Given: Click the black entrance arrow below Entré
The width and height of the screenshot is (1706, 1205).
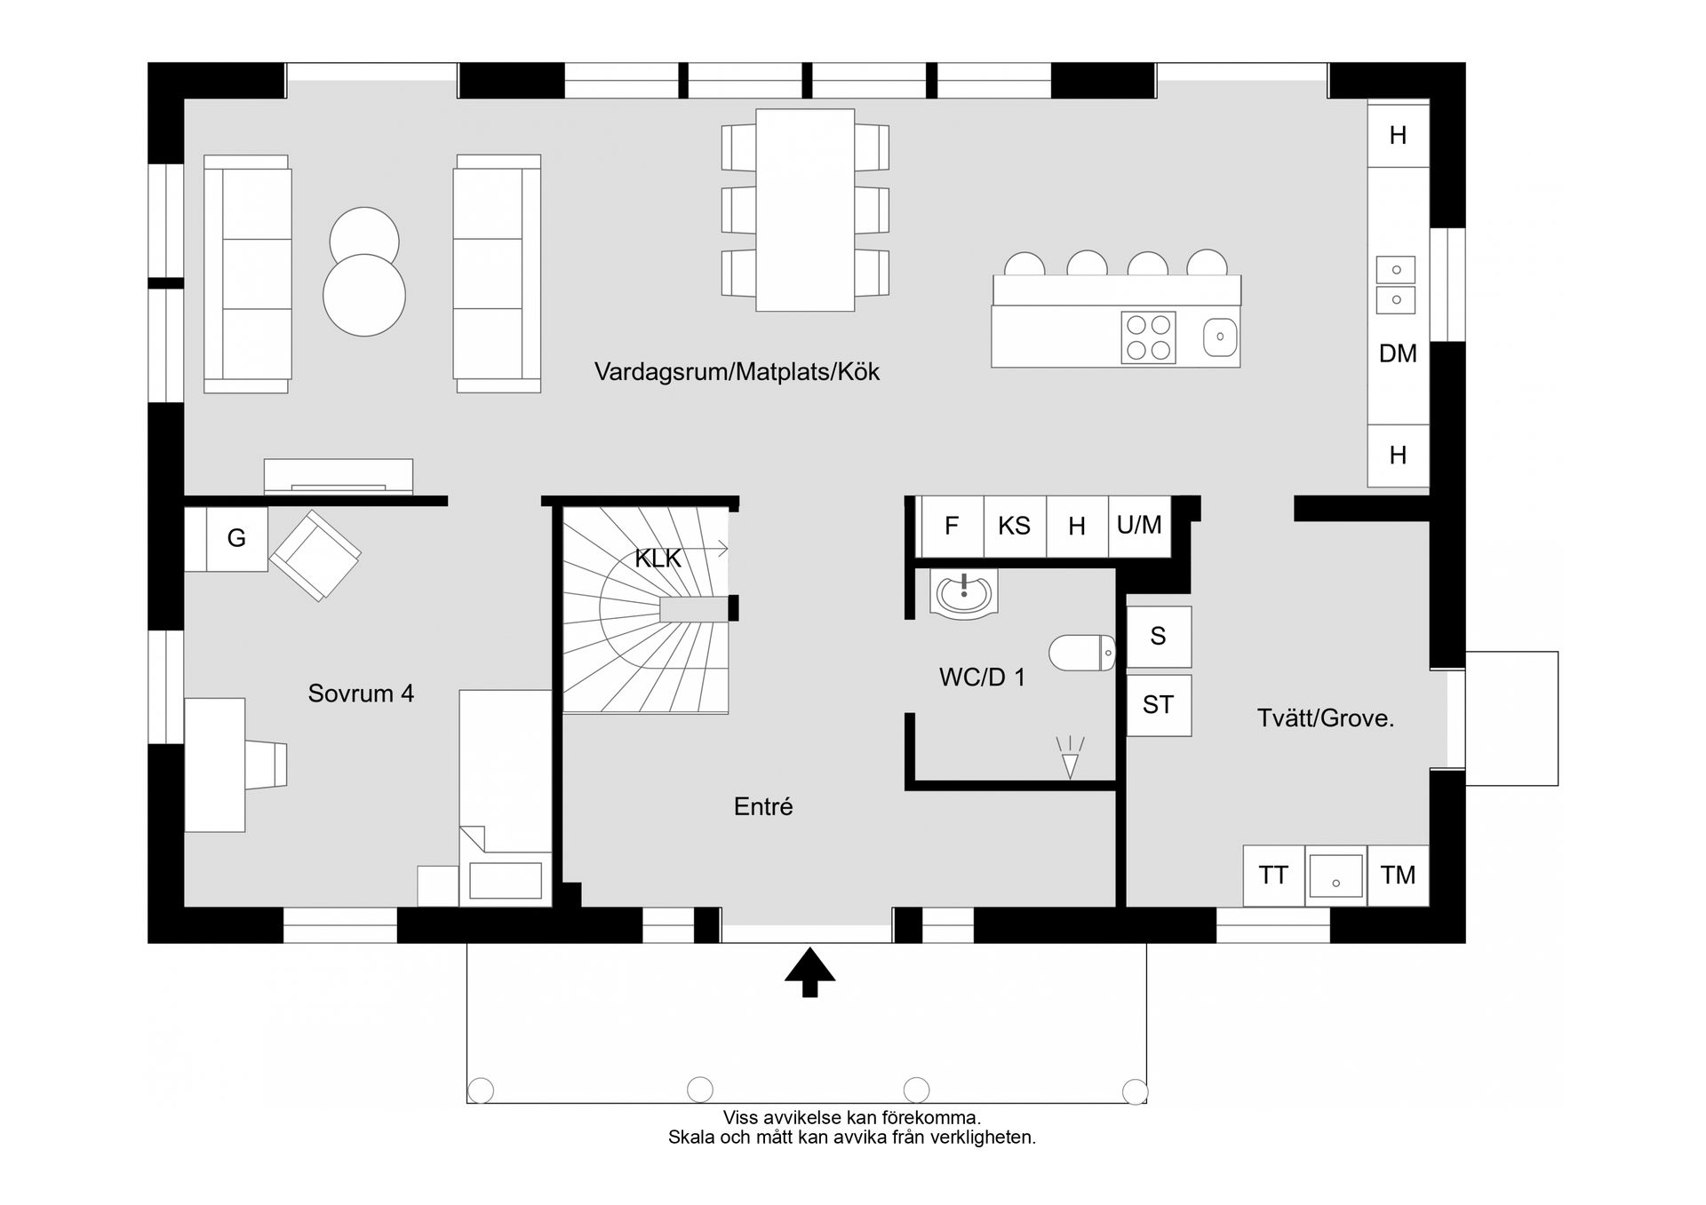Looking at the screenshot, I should point(809,971).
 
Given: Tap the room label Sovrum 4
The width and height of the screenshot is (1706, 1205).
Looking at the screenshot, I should point(361,694).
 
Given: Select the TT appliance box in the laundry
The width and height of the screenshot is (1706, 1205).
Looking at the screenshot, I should point(1273,876).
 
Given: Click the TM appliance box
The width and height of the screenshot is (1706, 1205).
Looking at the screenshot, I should point(1398,876).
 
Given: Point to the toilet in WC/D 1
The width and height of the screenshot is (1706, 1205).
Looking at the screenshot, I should point(1080,653).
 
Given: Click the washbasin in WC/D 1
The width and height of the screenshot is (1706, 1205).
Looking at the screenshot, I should point(963,593).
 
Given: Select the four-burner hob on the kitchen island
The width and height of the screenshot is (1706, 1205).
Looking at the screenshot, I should point(1148,337).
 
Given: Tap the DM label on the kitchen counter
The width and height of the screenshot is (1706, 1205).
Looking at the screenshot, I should point(1398,354).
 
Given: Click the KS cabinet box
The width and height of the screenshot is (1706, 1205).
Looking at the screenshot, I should point(1014,527).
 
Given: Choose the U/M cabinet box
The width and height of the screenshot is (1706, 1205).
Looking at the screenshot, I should point(1139,527).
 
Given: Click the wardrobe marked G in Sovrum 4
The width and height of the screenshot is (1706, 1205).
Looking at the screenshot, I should point(236,538).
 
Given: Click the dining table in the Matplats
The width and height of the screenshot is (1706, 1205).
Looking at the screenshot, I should point(805,210).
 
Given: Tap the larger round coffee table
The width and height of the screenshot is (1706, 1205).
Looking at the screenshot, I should point(364,296).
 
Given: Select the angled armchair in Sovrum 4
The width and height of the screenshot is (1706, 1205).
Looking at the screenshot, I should point(315,555).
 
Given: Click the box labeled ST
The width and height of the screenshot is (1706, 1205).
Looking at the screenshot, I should point(1158,705).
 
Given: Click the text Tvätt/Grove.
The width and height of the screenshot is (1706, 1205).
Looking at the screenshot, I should point(1325,718).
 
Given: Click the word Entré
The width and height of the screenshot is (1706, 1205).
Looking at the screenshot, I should point(762,807).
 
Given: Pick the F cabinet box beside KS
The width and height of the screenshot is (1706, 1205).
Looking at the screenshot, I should point(951,527).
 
